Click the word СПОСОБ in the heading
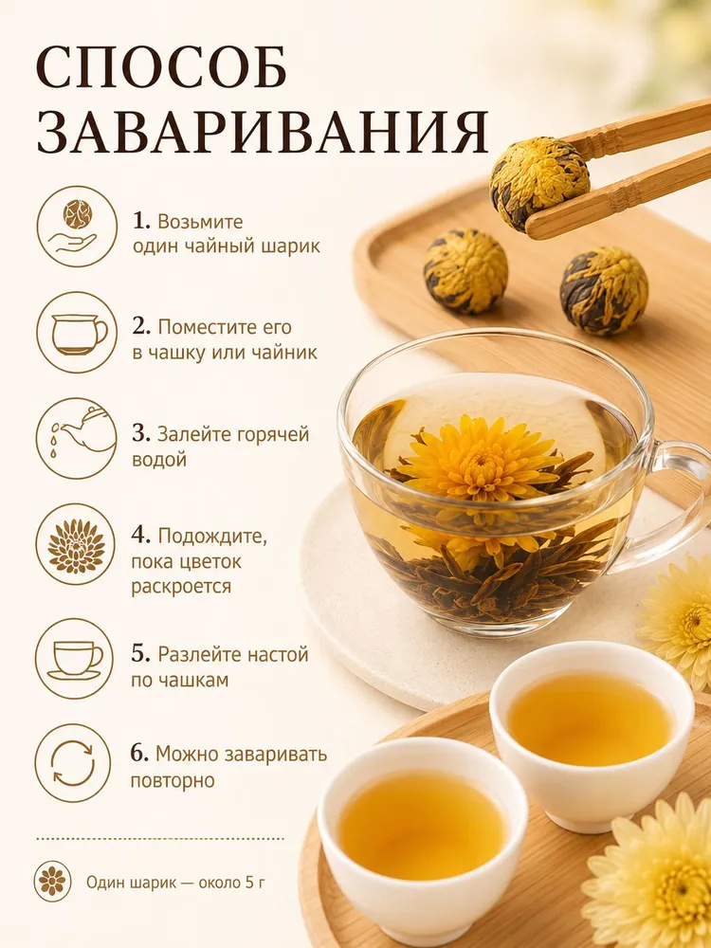[x=161, y=65]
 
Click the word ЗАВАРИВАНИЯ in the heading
[x=263, y=132]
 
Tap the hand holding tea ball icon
[x=76, y=227]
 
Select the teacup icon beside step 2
[x=76, y=332]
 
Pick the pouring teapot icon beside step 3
[x=76, y=438]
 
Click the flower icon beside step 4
[x=76, y=545]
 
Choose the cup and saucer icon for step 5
[x=74, y=659]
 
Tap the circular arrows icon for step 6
[x=73, y=763]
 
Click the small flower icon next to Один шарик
[x=52, y=882]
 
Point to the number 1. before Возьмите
[x=141, y=221]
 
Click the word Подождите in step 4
[x=212, y=537]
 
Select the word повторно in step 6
[x=173, y=780]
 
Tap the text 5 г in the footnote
[x=255, y=883]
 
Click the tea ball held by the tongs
[x=539, y=183]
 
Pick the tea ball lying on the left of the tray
[x=465, y=271]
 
